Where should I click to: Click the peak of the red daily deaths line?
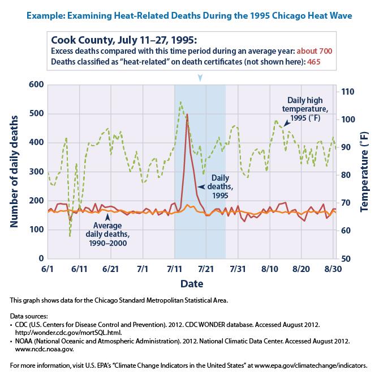pos(187,114)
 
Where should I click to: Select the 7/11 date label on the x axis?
pos(174,268)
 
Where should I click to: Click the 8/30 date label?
pos(331,268)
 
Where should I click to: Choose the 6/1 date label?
pos(48,268)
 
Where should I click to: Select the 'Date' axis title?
pos(192,282)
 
